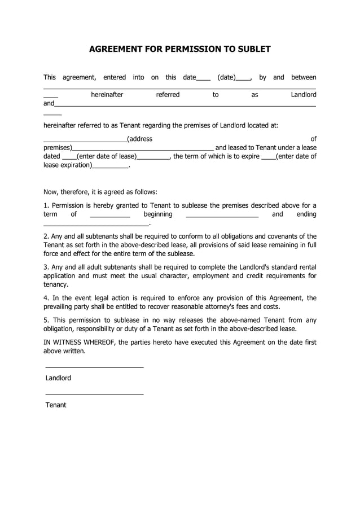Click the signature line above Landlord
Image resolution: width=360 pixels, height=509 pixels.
pyautogui.click(x=94, y=367)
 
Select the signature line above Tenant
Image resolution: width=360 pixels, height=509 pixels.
pyautogui.click(x=94, y=394)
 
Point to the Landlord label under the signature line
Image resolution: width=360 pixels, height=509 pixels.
pyautogui.click(x=58, y=378)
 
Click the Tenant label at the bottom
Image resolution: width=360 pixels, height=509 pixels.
pyautogui.click(x=56, y=405)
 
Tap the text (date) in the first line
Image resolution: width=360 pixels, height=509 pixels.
pyautogui.click(x=226, y=77)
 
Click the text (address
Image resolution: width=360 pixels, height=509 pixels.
pyautogui.click(x=139, y=139)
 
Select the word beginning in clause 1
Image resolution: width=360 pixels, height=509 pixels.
pyautogui.click(x=158, y=214)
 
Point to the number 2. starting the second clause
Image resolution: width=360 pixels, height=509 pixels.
pyautogui.click(x=46, y=236)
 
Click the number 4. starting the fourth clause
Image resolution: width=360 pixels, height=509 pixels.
pyautogui.click(x=46, y=298)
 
